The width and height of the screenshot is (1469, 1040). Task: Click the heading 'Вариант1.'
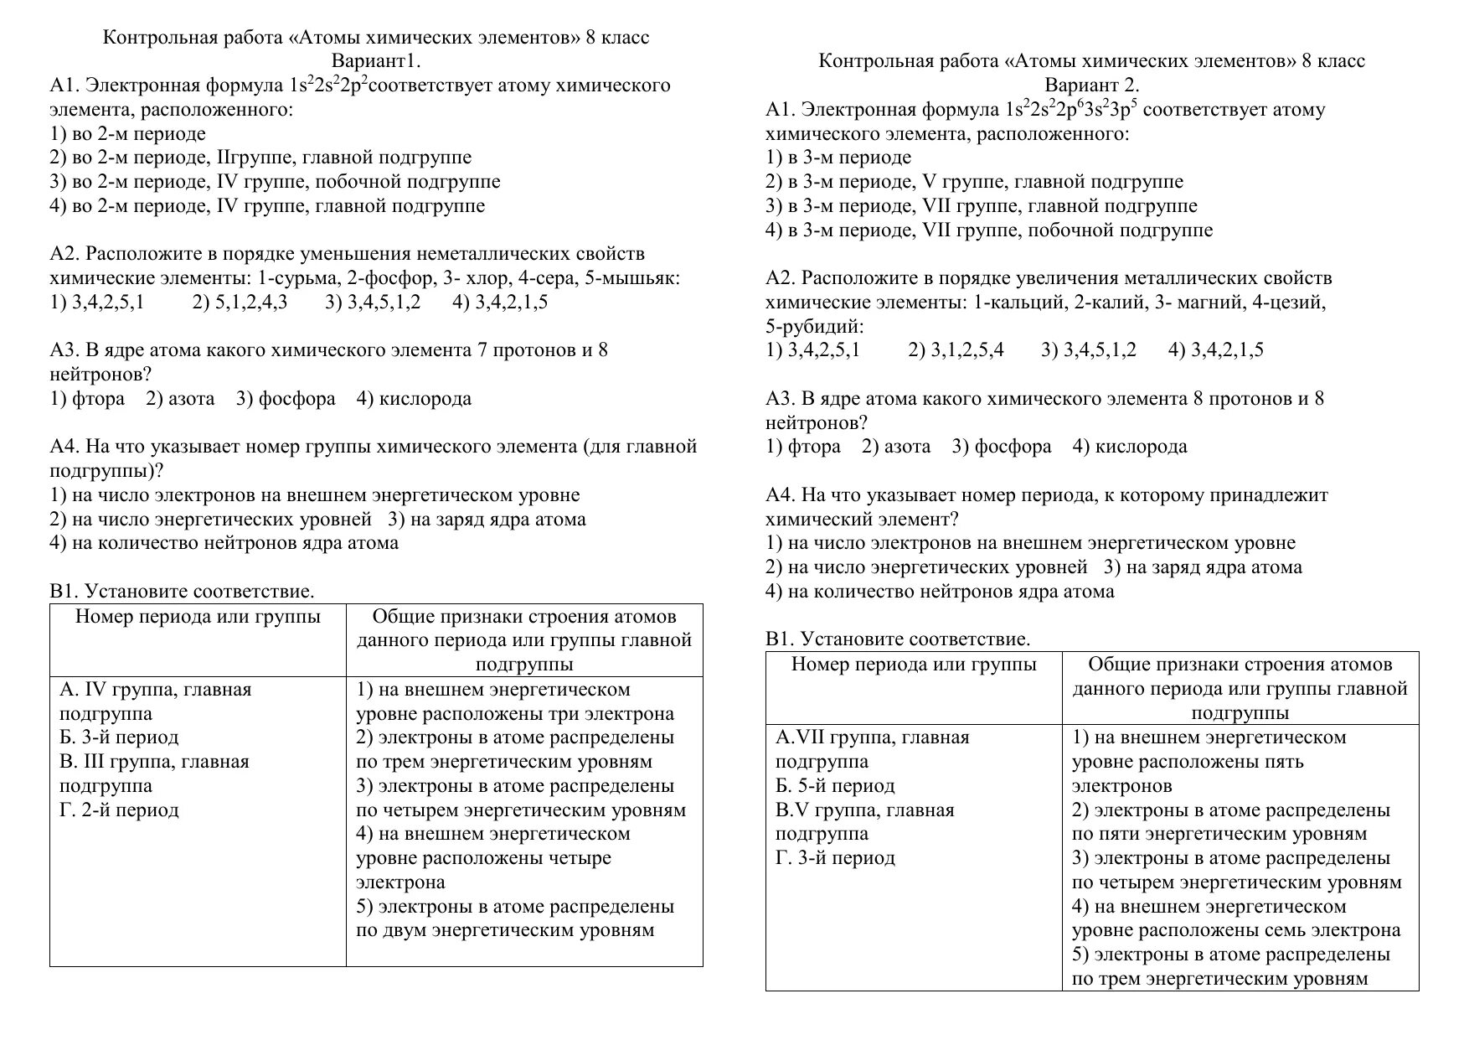point(375,61)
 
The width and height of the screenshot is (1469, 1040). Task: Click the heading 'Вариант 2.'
point(1091,85)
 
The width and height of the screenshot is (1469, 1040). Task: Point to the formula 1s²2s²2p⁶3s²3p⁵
point(1071,110)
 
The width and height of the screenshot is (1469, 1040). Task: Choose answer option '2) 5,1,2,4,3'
point(240,303)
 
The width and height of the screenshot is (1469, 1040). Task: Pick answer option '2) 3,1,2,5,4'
point(956,350)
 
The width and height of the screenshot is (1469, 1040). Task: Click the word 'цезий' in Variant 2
point(1299,303)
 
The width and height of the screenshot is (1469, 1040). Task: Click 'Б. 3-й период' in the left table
point(119,737)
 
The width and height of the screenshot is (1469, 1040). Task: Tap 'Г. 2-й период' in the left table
point(119,810)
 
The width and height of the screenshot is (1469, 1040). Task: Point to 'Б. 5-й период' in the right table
point(835,786)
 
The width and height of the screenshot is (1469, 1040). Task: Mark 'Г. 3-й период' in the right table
point(835,858)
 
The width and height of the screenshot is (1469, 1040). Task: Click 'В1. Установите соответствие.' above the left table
point(182,592)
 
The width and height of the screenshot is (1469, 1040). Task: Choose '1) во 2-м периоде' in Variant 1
point(127,134)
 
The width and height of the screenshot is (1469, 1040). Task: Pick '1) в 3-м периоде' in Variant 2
point(838,158)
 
